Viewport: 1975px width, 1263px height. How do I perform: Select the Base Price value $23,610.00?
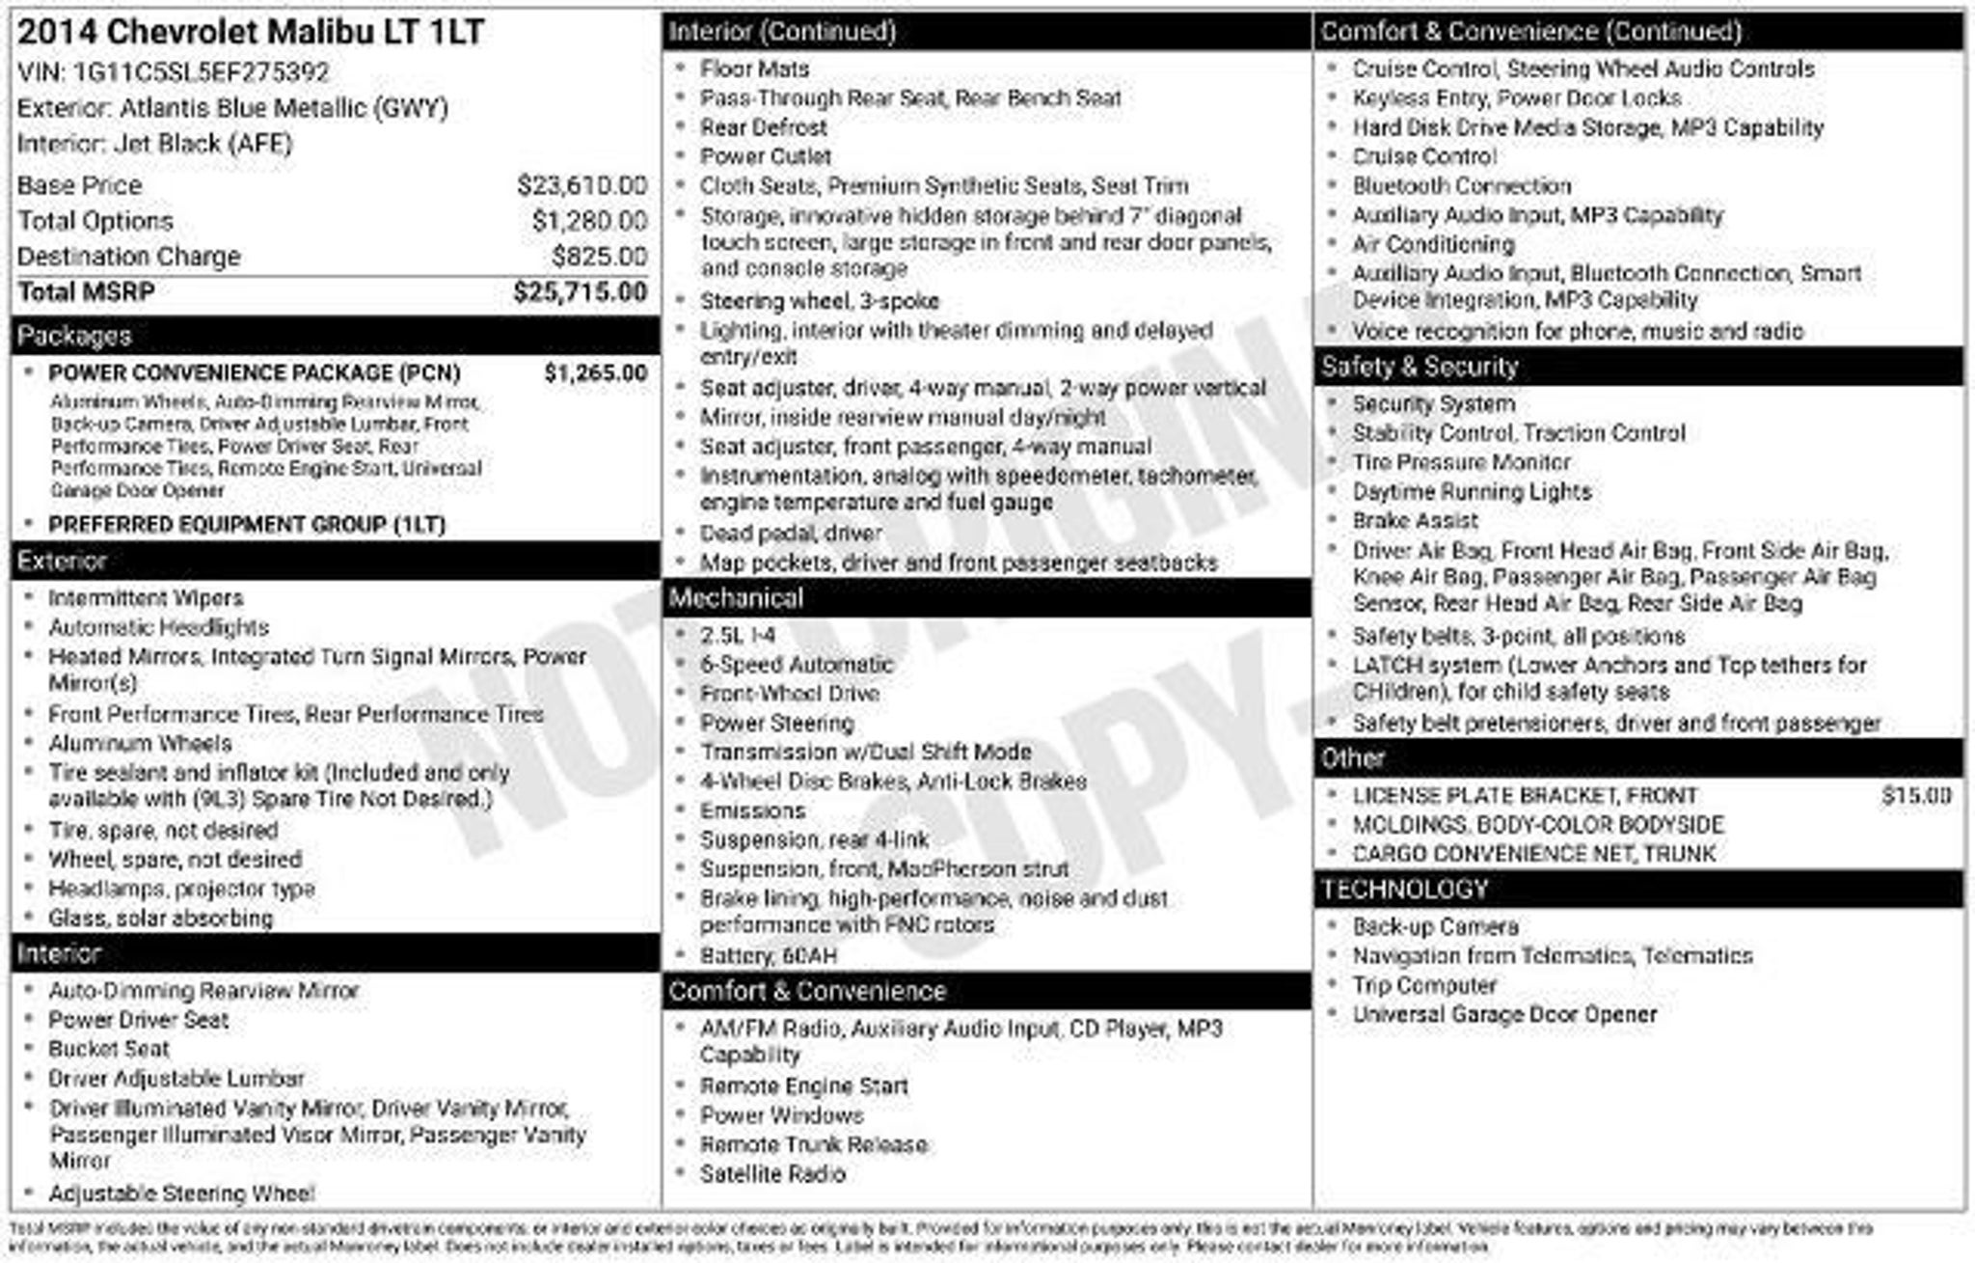pyautogui.click(x=582, y=185)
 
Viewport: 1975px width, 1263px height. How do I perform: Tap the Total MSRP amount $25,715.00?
pyautogui.click(x=580, y=292)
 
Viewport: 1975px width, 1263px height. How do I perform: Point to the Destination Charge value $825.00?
pyautogui.click(x=599, y=257)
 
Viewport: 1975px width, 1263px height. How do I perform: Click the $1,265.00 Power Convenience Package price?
pyautogui.click(x=595, y=373)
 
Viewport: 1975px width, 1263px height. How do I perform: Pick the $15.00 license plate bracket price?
pyautogui.click(x=1915, y=796)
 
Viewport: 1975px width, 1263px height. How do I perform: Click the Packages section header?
pyautogui.click(x=74, y=336)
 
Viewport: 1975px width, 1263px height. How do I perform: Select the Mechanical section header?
pyautogui.click(x=736, y=598)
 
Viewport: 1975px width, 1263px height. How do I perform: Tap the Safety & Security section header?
pyautogui.click(x=1420, y=367)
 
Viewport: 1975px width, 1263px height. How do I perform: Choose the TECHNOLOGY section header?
pyautogui.click(x=1404, y=890)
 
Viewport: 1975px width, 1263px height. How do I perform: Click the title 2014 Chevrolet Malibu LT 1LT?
pyautogui.click(x=251, y=32)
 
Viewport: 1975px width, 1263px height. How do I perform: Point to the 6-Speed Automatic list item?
pyautogui.click(x=797, y=665)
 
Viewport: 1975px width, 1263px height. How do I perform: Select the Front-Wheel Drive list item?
pyautogui.click(x=790, y=694)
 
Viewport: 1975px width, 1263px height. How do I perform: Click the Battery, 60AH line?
pyautogui.click(x=769, y=955)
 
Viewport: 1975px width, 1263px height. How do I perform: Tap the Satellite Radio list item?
pyautogui.click(x=772, y=1174)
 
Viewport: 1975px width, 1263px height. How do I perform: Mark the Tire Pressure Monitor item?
pyautogui.click(x=1461, y=462)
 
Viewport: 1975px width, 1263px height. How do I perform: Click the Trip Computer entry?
pyautogui.click(x=1424, y=985)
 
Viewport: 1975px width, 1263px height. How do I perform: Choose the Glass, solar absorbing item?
pyautogui.click(x=161, y=919)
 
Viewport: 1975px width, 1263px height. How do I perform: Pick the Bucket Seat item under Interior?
pyautogui.click(x=109, y=1049)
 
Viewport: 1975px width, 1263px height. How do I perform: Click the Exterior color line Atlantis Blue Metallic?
pyautogui.click(x=232, y=108)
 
